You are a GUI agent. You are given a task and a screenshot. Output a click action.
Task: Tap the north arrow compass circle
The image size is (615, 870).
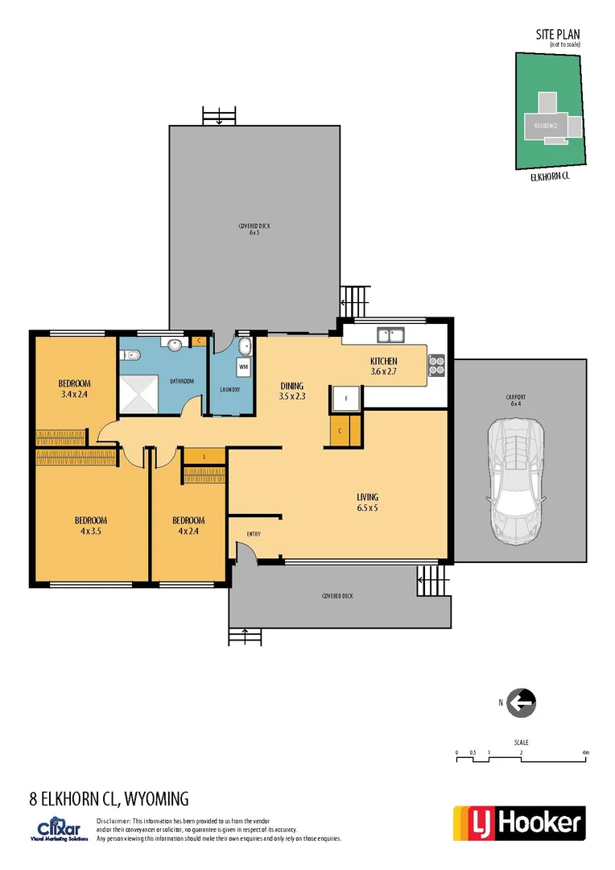[x=522, y=703]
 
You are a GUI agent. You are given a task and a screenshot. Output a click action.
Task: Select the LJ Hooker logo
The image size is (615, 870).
[x=519, y=822]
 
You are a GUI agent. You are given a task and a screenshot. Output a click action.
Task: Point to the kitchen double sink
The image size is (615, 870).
[x=391, y=333]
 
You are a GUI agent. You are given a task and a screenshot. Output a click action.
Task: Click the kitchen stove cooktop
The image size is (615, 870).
[x=436, y=366]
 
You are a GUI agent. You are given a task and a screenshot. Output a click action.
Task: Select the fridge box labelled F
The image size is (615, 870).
[x=345, y=398]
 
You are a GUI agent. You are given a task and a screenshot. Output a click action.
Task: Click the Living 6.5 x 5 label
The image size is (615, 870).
[x=367, y=502]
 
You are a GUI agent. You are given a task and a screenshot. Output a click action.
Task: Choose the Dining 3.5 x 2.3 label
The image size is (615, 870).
[x=291, y=391]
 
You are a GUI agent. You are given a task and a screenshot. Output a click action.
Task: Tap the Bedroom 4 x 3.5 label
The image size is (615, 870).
[x=90, y=525]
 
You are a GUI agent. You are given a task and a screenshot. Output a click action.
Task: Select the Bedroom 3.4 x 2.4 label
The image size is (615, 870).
[x=74, y=388]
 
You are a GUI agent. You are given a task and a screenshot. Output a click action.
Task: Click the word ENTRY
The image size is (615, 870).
[x=254, y=534]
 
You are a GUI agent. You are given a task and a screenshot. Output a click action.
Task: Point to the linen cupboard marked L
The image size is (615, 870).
[x=204, y=457]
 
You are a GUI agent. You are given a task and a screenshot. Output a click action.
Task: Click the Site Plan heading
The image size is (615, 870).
[x=558, y=34]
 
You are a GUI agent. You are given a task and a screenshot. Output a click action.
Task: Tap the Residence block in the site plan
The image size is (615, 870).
[x=541, y=126]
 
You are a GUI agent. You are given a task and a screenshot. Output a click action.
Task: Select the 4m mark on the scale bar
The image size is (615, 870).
[x=586, y=752]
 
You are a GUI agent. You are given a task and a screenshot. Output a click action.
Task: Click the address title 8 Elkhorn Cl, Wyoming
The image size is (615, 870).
[x=109, y=799]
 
